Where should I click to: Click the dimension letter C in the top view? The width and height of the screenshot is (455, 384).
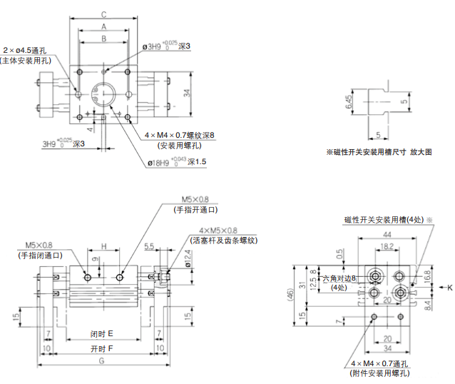pyautogui.click(x=104, y=14)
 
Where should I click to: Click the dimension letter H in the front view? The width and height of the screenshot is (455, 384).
pyautogui.click(x=103, y=246)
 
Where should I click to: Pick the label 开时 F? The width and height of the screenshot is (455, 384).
pyautogui.click(x=103, y=349)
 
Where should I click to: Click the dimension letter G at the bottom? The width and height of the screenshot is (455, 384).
pyautogui.click(x=103, y=363)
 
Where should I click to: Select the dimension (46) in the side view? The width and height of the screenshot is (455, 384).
pyautogui.click(x=287, y=293)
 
